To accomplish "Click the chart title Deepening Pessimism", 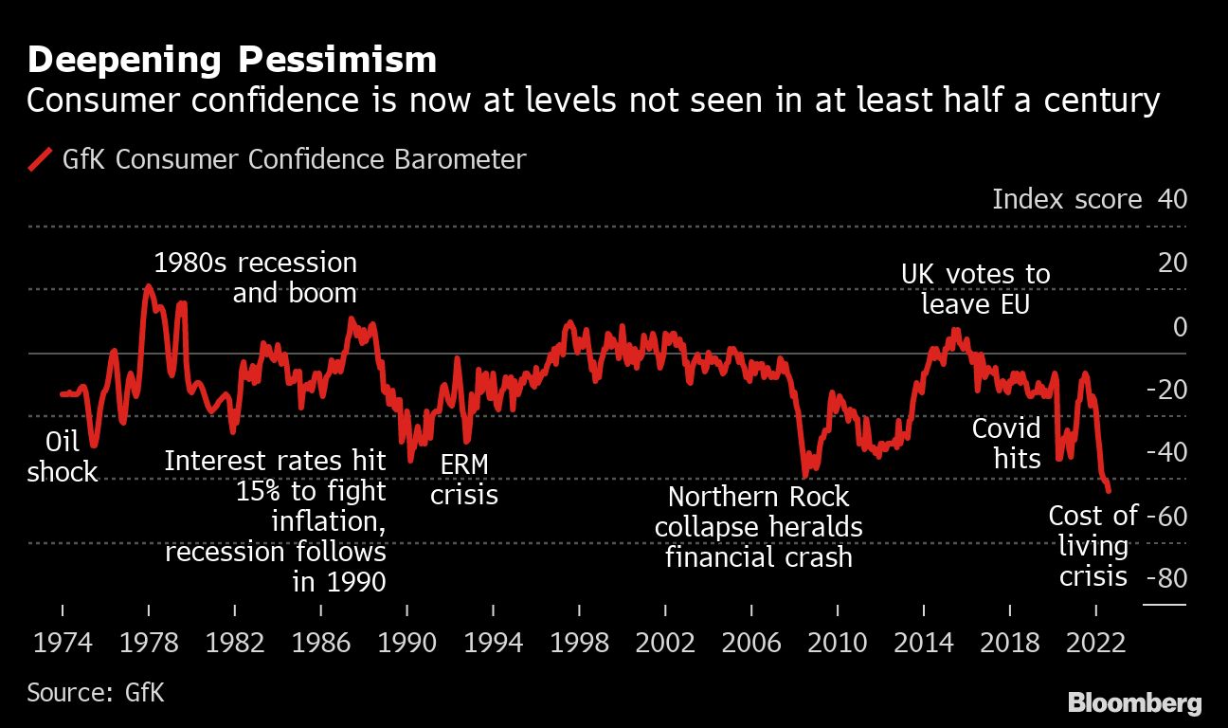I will tap(232, 60).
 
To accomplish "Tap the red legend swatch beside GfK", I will tap(40, 159).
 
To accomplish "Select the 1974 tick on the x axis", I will tap(62, 643).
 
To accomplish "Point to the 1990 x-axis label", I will tap(406, 643).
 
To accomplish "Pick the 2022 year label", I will tap(1096, 643).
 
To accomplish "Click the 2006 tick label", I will tap(751, 643).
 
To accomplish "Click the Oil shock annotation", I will tap(63, 457).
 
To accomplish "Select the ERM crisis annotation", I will tap(464, 480).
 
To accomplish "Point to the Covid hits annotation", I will tap(1006, 444).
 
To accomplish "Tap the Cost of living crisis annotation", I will tap(1093, 546).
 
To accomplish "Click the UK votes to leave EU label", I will tap(975, 290).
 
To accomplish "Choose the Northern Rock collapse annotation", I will tap(759, 526).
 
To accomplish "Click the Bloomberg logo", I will tap(1134, 703).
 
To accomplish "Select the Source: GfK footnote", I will tap(96, 692).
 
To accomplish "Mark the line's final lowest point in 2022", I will tap(1109, 490).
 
